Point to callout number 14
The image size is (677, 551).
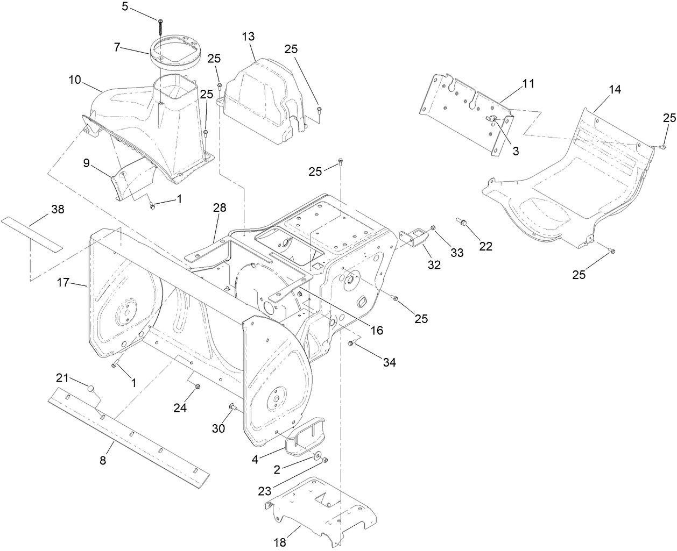[615, 89]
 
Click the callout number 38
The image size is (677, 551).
[58, 209]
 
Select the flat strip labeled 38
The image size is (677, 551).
[32, 234]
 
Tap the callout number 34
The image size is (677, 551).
[389, 362]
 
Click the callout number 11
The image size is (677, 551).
[528, 84]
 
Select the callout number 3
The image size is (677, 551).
[515, 151]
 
